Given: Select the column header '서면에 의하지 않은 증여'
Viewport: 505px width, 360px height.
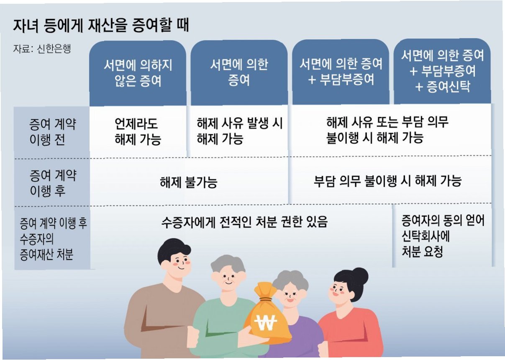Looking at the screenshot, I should click(x=138, y=73).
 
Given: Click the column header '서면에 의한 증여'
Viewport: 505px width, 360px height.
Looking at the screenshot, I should click(x=239, y=72).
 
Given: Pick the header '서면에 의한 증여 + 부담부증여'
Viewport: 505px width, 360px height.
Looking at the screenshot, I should click(x=341, y=72).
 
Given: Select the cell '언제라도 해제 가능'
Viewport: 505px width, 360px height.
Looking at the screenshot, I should click(x=138, y=131).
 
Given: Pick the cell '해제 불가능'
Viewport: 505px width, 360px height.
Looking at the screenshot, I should click(x=189, y=182).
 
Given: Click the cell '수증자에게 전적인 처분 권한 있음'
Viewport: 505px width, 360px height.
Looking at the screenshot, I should click(x=244, y=222).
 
